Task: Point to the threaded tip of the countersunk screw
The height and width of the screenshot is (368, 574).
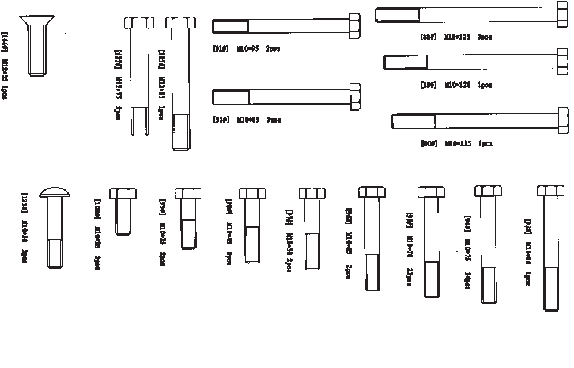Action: click(x=36, y=69)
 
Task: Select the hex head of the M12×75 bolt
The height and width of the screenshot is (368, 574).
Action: click(x=139, y=23)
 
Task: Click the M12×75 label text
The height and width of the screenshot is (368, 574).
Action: click(x=119, y=86)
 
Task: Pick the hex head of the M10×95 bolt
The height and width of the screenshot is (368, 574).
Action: click(x=354, y=26)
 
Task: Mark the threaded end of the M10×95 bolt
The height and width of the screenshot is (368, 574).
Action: click(x=230, y=26)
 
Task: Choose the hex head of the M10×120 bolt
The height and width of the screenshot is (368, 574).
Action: click(x=563, y=62)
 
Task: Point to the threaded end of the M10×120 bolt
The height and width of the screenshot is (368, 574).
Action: click(x=406, y=62)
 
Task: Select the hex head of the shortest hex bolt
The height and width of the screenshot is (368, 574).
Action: click(x=122, y=193)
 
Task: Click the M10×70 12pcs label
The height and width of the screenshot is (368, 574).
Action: click(x=410, y=245)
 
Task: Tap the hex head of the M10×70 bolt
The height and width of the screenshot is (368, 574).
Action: click(x=432, y=192)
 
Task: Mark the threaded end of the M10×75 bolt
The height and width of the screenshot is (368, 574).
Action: click(x=488, y=285)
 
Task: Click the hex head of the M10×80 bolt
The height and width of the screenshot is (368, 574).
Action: click(x=550, y=191)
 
